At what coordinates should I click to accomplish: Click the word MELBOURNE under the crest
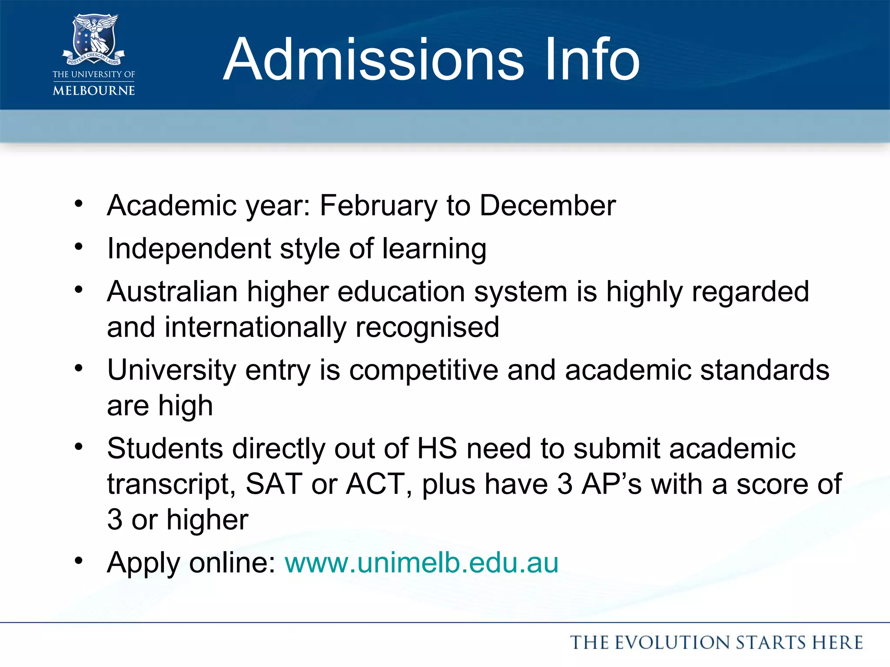(x=94, y=90)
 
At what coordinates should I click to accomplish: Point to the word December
(x=548, y=205)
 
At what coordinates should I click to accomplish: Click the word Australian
(x=172, y=291)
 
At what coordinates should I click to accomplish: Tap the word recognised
(x=427, y=327)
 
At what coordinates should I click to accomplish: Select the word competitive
(x=423, y=370)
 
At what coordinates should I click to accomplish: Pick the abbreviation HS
(x=437, y=448)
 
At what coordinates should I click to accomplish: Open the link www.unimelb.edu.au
(x=422, y=563)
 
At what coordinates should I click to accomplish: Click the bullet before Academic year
(x=79, y=203)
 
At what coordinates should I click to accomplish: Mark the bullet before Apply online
(x=79, y=561)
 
